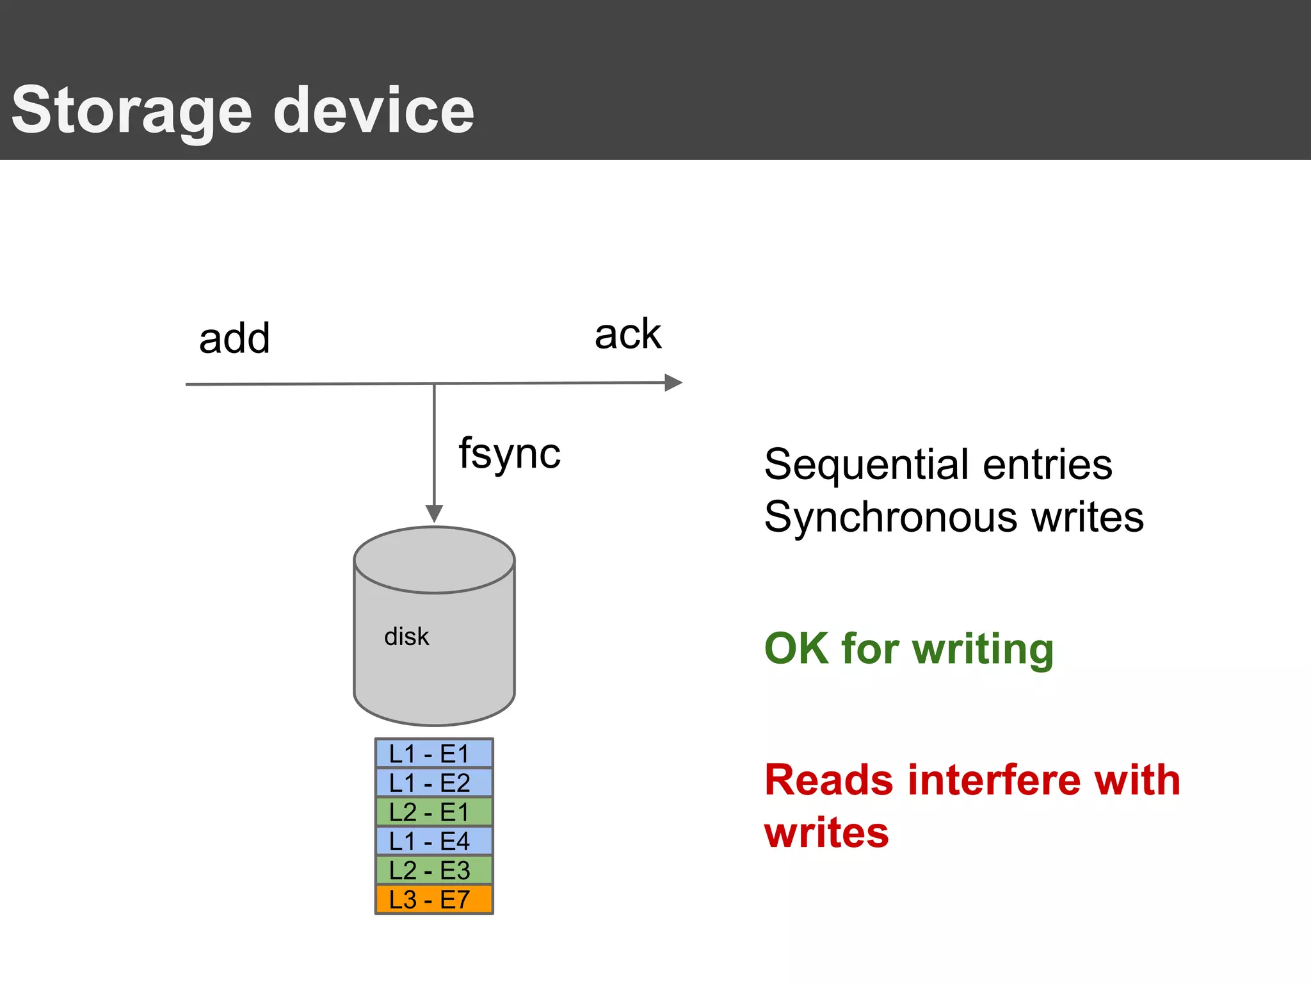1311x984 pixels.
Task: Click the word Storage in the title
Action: tap(131, 111)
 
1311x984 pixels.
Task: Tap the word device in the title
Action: tap(374, 111)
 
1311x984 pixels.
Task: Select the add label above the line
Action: tap(234, 338)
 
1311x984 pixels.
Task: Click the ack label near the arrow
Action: tap(627, 334)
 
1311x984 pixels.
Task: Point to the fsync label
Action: tap(510, 454)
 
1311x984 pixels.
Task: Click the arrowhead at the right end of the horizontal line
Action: tap(673, 383)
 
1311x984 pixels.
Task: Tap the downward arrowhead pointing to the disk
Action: tap(434, 513)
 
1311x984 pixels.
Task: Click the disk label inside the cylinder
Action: tap(406, 637)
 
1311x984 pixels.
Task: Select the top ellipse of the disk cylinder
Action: tap(434, 560)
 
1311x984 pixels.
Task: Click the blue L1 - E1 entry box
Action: tap(433, 754)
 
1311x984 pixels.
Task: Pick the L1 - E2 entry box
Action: tap(433, 783)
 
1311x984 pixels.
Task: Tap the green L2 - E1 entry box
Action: tap(433, 812)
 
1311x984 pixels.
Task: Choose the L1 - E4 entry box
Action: tap(433, 841)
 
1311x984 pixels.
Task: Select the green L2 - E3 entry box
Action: tap(433, 871)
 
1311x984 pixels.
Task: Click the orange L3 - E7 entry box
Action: tap(433, 900)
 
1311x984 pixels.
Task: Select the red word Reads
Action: tap(828, 780)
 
